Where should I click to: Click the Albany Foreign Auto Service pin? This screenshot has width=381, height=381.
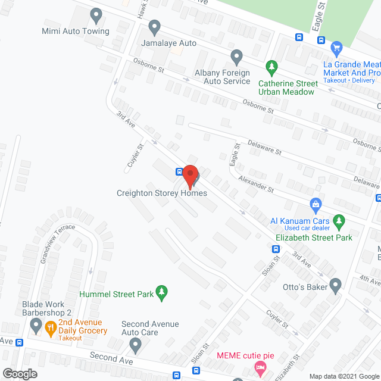(237, 58)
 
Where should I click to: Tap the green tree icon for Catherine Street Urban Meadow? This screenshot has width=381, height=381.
(271, 67)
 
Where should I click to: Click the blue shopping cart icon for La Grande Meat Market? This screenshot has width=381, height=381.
(336, 48)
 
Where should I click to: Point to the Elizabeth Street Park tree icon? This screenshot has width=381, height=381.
(339, 222)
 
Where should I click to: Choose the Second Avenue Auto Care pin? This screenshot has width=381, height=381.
(136, 344)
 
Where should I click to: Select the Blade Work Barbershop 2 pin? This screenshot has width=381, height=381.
(36, 325)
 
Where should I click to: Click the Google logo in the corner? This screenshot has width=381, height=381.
(20, 373)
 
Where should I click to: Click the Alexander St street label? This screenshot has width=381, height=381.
(255, 183)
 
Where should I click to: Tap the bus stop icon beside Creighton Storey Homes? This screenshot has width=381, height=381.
(179, 171)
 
